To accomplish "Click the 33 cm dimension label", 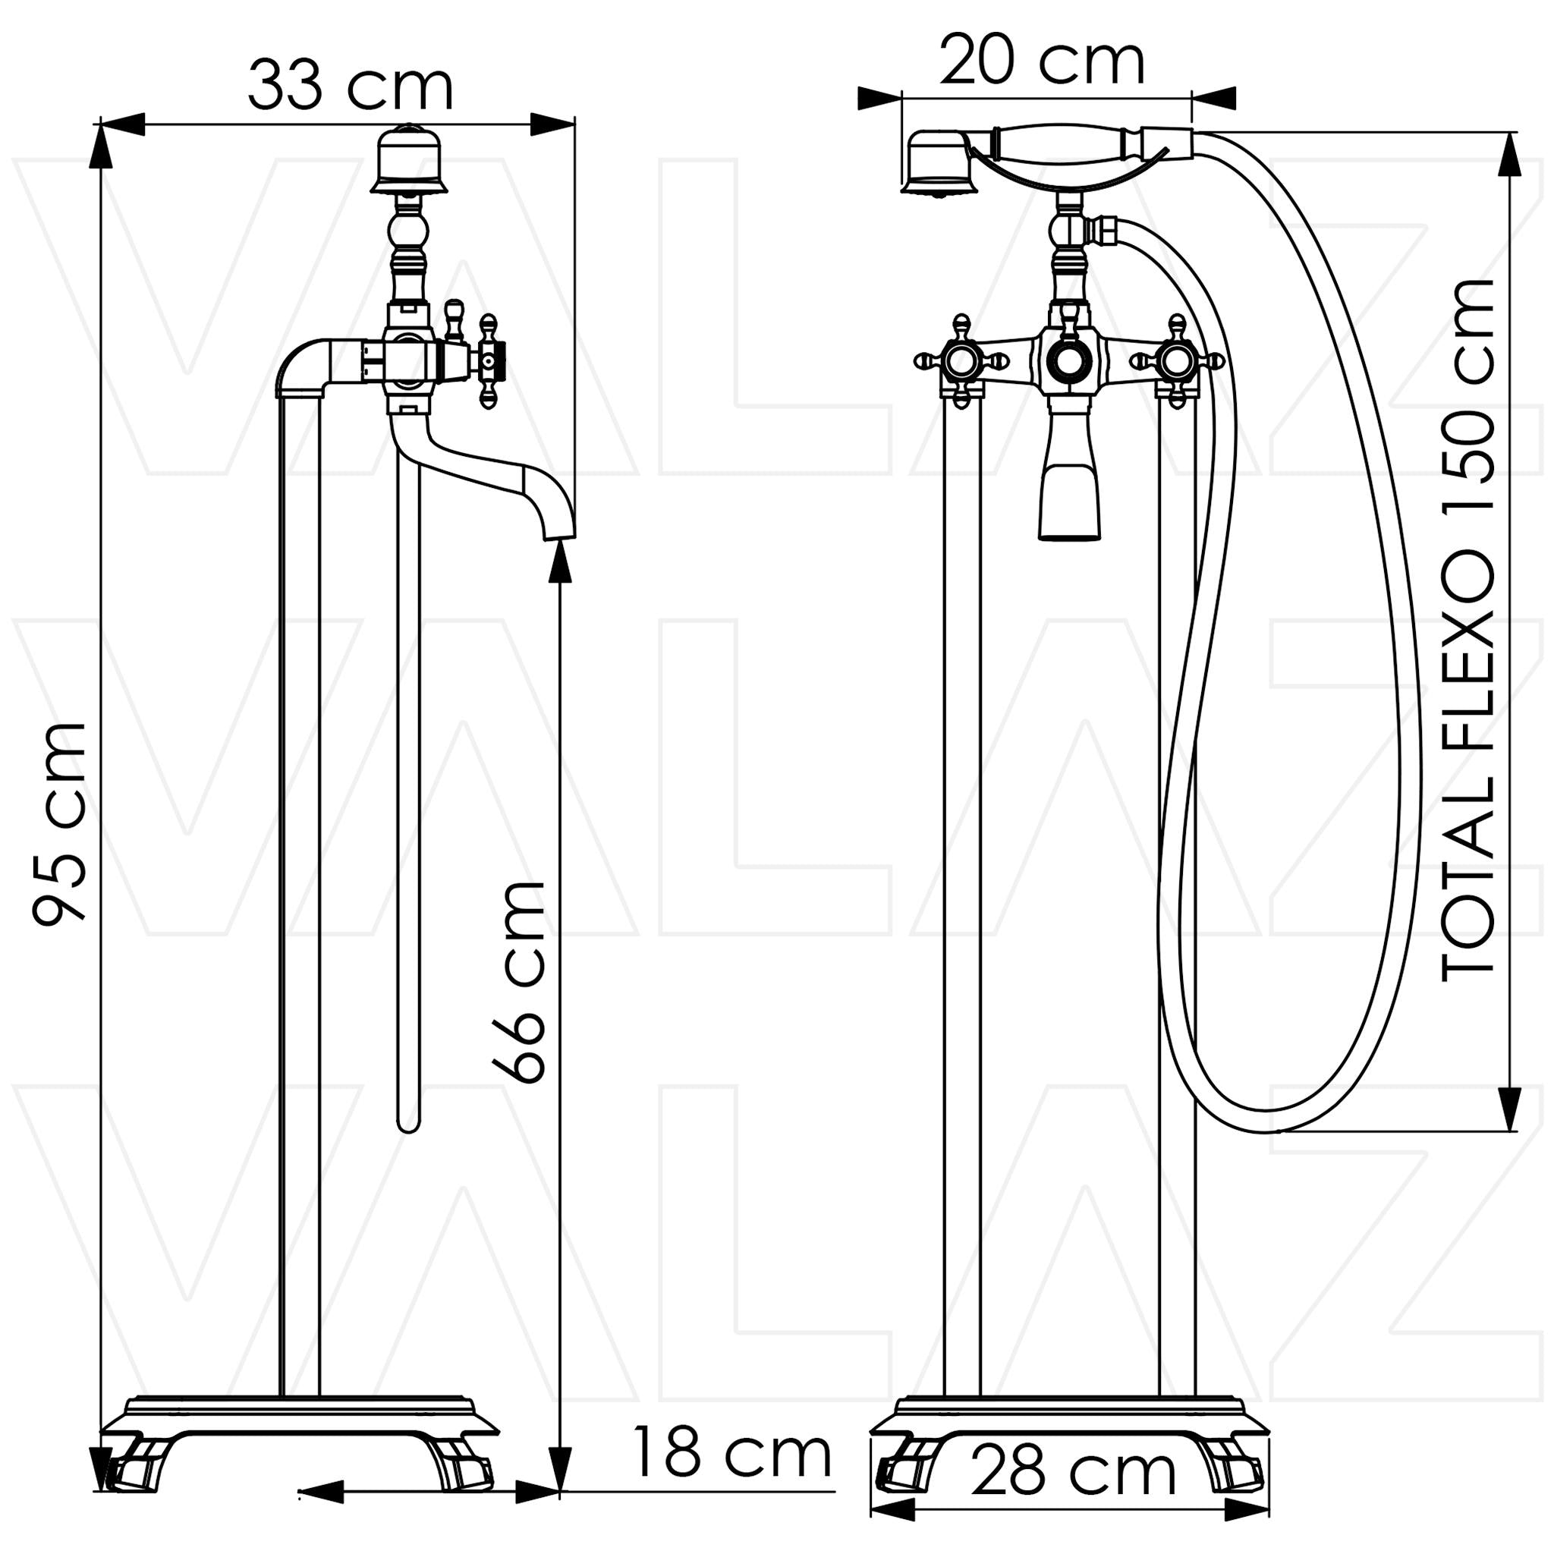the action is [x=350, y=86].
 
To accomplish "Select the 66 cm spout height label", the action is [x=520, y=982].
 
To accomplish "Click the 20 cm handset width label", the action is [x=1042, y=61].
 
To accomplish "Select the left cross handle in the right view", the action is [x=961, y=360].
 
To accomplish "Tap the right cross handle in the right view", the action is [x=1177, y=360].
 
